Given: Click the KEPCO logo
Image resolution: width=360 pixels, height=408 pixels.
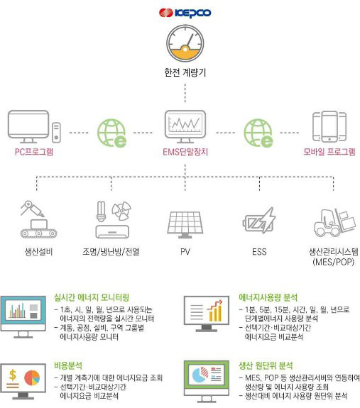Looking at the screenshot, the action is coord(185,13).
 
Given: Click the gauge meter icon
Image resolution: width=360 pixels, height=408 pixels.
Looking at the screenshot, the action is coord(185,43).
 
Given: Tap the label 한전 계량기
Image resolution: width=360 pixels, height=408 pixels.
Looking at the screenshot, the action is coord(185,72).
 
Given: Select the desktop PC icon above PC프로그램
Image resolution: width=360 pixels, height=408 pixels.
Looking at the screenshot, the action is coord(34,126).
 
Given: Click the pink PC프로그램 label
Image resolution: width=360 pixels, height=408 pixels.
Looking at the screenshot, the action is coord(34,152).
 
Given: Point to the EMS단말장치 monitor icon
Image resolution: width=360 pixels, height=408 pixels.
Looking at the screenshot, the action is coord(185,127).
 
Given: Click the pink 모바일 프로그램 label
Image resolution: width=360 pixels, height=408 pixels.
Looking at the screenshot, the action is coord(329,152).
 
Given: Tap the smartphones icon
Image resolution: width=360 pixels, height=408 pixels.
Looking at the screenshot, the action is coord(329,126).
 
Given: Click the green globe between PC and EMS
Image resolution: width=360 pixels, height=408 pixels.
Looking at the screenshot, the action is coord(112,133).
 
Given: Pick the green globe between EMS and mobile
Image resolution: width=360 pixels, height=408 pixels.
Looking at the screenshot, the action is coord(258,133).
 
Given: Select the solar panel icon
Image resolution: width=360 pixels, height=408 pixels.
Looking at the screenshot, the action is coord(185,224).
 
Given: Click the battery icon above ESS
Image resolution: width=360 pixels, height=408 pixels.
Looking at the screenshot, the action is coord(259,221).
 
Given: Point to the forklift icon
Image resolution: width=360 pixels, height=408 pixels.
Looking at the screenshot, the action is coord(334,223).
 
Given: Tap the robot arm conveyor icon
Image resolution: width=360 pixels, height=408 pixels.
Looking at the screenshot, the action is coord(38,219).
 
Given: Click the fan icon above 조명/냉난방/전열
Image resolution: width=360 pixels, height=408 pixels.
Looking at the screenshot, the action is coord(121,211).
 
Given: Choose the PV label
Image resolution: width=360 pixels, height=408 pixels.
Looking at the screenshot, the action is coord(185,252).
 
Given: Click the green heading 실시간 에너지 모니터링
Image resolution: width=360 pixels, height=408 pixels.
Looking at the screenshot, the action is coord(92,297).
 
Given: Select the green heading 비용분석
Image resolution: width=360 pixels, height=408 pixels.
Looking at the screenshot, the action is coord(68,365).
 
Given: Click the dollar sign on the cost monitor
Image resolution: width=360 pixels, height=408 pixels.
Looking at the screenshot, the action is coord(13,375).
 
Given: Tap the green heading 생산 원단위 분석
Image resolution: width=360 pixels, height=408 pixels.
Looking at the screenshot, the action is coord(266,365).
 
